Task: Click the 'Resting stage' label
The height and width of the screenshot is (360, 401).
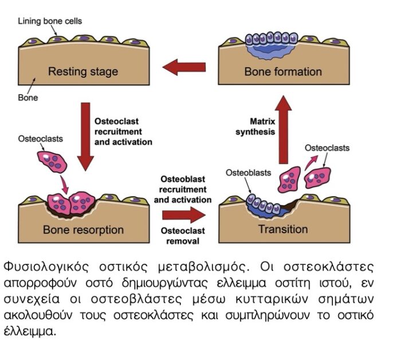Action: pos(83,72)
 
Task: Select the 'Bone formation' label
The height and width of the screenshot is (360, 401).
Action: pos(283,72)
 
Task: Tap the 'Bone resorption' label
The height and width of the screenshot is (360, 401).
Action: pos(83,230)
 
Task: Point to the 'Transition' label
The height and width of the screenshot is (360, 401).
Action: pos(282,229)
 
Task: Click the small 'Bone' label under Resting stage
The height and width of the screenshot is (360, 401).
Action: pos(27,97)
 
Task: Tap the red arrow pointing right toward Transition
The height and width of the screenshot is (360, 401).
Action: pos(183,216)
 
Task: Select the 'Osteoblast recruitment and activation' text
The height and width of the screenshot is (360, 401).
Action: pos(183,189)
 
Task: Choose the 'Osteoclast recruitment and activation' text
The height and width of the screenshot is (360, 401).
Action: pos(123,131)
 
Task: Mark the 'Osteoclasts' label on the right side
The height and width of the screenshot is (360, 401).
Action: pos(327,148)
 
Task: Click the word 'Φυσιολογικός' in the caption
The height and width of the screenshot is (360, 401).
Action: pos(41,268)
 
